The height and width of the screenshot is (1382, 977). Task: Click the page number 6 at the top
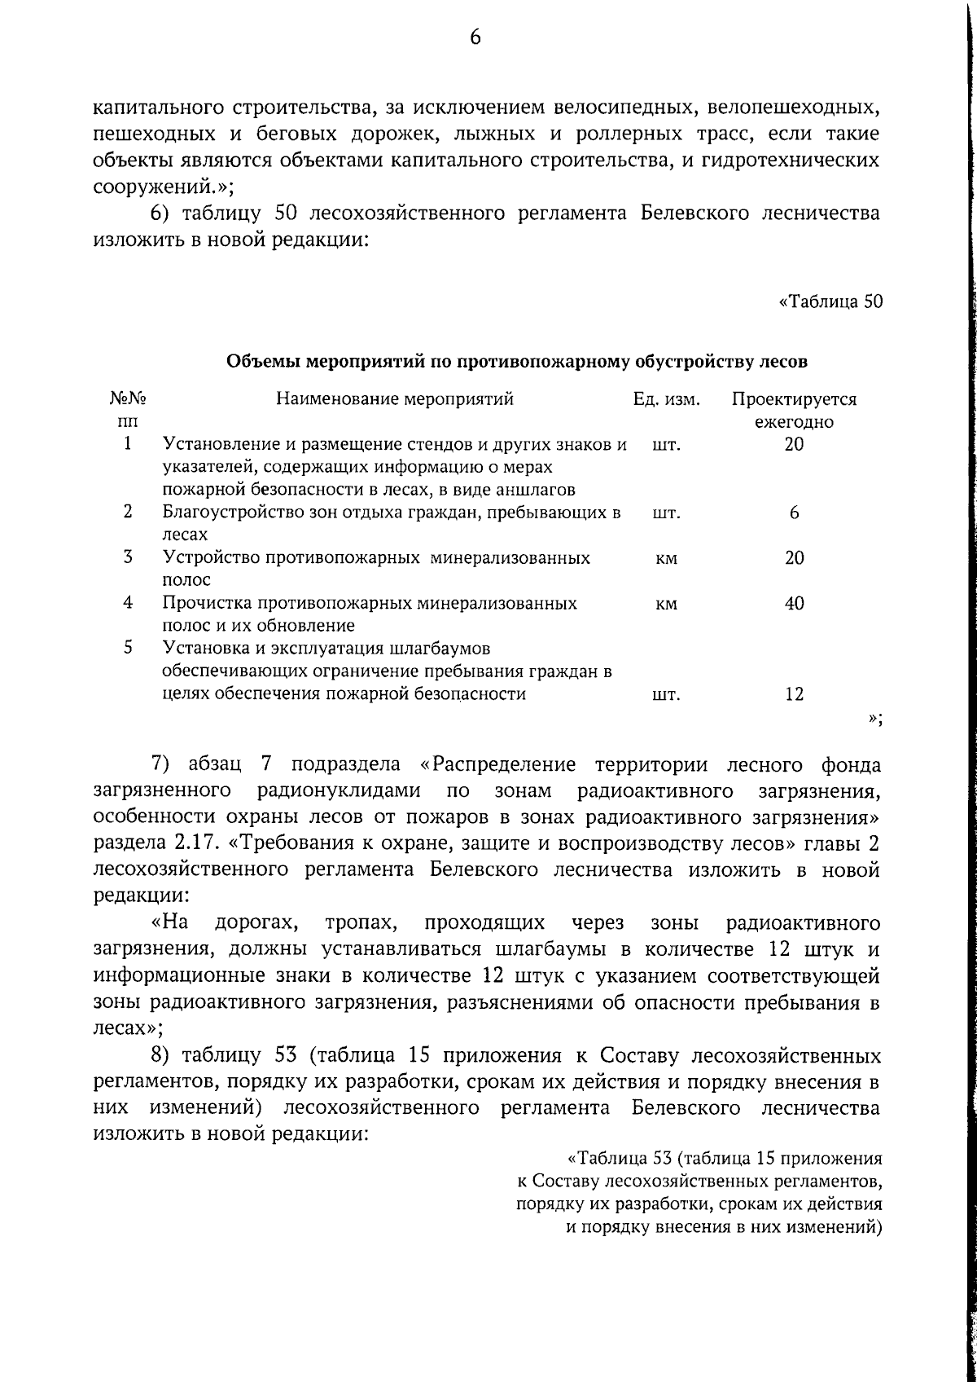point(475,37)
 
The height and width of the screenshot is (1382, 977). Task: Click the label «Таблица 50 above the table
point(830,302)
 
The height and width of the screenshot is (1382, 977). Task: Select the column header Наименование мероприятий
point(395,399)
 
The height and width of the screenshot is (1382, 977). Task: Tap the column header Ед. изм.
point(667,399)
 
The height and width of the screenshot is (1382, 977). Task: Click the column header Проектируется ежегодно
point(794,411)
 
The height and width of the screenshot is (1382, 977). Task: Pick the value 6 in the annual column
point(794,513)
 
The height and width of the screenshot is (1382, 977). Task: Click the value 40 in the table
point(794,604)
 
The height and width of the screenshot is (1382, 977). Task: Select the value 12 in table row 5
point(794,694)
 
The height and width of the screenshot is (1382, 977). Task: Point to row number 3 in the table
point(128,557)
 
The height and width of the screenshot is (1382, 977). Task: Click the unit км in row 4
point(666,605)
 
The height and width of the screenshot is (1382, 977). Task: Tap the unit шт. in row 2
point(666,513)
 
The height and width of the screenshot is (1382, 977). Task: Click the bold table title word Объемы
point(257,361)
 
